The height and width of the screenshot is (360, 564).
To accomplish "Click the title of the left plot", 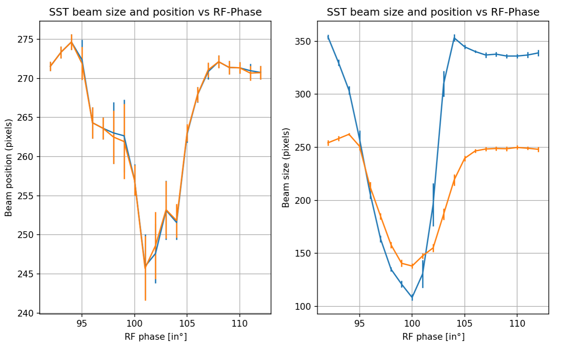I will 155,13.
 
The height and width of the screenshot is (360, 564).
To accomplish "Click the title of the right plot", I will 433,13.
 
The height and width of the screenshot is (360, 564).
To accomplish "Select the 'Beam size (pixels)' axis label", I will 286,168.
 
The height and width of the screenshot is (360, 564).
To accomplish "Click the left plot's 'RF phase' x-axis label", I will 155,337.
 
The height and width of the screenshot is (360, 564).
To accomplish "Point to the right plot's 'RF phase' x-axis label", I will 433,337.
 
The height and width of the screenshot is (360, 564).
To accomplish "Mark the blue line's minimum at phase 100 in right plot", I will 412,298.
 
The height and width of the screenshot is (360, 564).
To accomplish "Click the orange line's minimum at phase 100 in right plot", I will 412,266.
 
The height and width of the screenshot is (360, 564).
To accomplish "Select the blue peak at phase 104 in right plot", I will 454,38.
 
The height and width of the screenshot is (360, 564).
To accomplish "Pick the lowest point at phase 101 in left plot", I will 145,267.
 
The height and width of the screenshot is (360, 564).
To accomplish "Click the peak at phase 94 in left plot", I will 71,42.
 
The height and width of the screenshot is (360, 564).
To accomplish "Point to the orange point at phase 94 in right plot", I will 349,134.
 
